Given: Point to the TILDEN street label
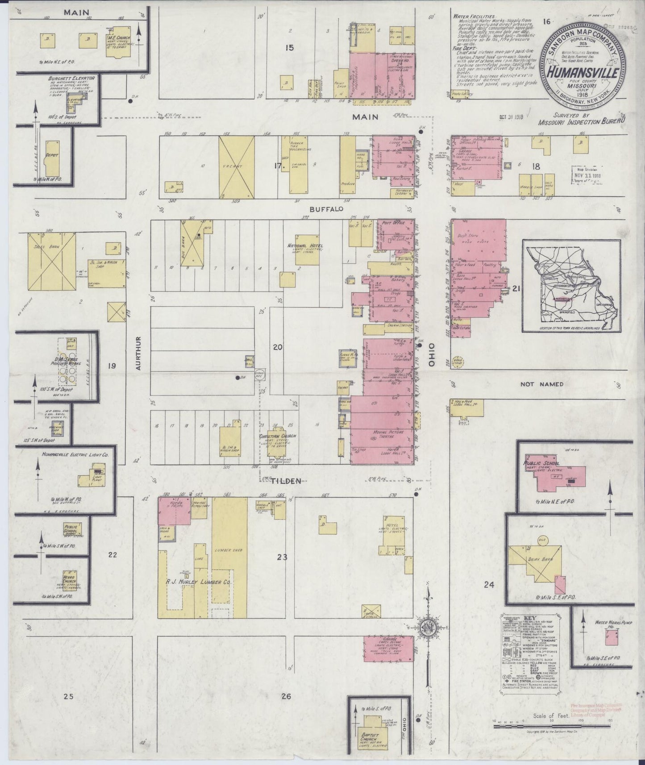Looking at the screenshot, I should [281, 481].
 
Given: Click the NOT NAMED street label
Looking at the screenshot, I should [541, 384].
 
